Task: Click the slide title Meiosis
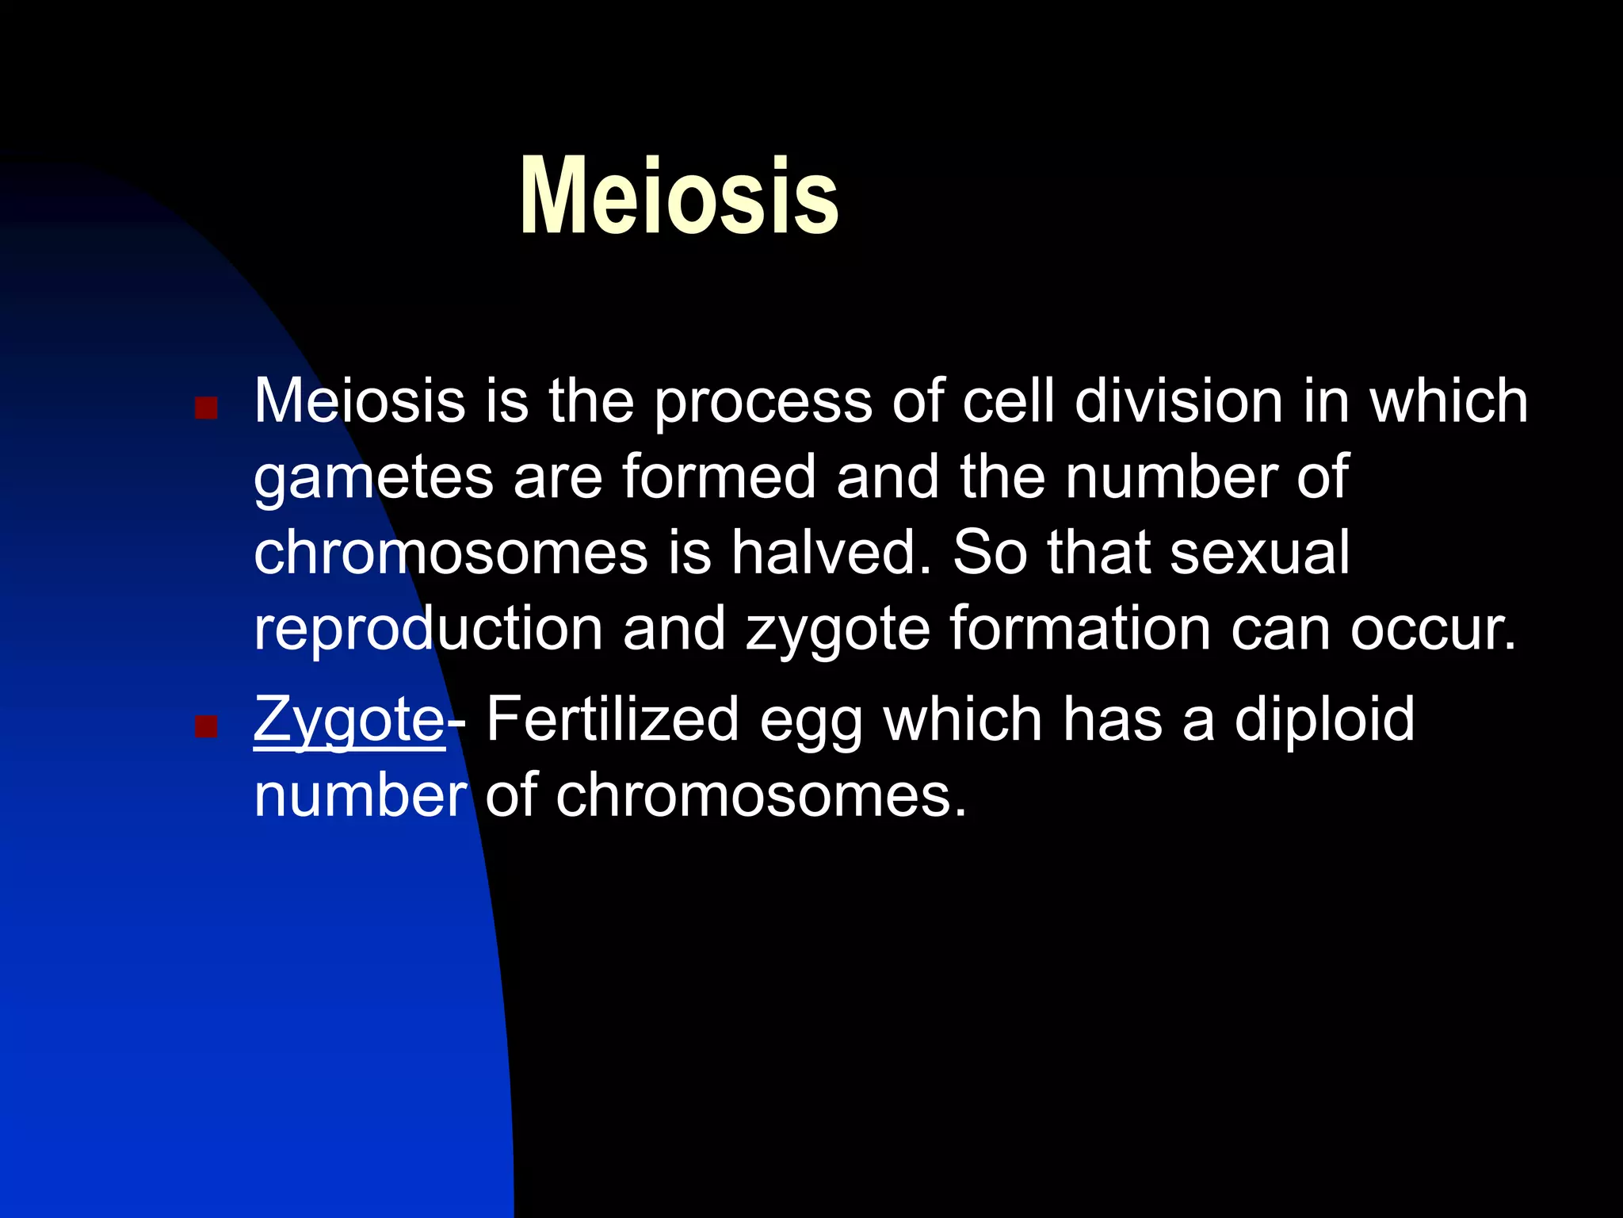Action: (679, 197)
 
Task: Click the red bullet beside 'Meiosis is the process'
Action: (206, 408)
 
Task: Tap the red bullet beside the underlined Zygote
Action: (206, 726)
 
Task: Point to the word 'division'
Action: (1178, 400)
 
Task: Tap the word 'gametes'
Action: (373, 478)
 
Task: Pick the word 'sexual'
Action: (1259, 553)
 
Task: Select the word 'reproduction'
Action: (428, 628)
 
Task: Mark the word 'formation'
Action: (1080, 627)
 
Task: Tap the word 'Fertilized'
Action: (613, 718)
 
